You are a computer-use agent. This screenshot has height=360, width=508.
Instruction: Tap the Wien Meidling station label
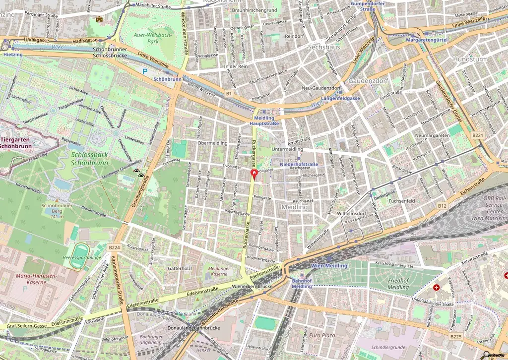(329, 266)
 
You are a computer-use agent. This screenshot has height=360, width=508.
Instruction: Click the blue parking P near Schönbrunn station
(145, 71)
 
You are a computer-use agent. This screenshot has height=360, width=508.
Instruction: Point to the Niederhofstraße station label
(299, 164)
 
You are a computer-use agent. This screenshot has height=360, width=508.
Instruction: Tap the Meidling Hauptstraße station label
(264, 120)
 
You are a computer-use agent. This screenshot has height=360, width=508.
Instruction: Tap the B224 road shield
(115, 247)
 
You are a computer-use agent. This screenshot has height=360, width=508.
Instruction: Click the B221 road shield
(477, 135)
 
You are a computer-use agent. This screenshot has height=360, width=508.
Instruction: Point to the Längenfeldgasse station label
(341, 99)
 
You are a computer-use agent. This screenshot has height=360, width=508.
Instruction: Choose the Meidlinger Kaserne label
(218, 270)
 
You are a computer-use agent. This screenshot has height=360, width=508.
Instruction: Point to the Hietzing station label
(13, 55)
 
